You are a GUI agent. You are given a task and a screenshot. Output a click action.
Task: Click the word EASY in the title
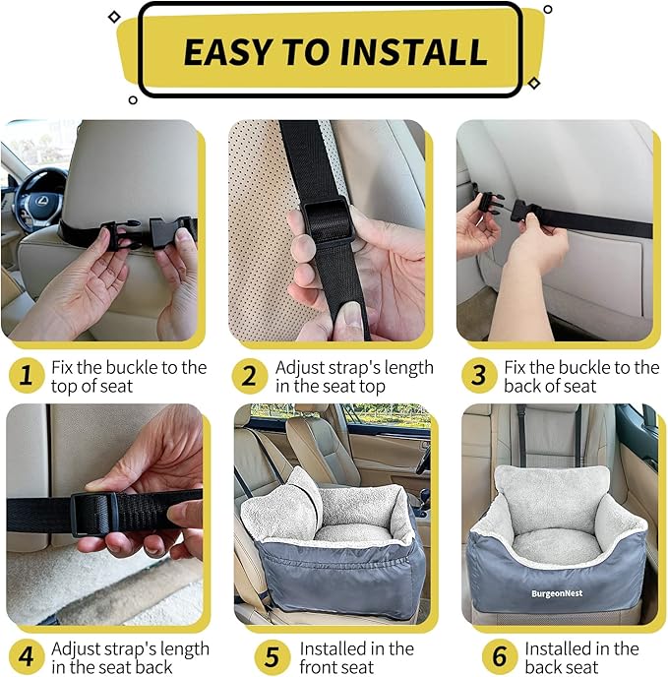(228, 51)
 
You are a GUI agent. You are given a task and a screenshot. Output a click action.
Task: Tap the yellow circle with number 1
(27, 376)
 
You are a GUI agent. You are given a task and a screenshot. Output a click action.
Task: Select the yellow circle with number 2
(250, 376)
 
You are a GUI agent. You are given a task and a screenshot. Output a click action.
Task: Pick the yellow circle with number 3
(479, 376)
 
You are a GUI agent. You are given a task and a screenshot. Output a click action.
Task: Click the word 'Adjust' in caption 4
(77, 648)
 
